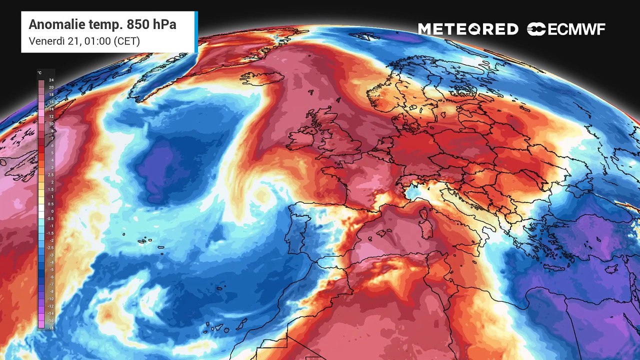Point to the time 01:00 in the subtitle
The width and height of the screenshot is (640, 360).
click(x=95, y=41)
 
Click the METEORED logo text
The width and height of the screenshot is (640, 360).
click(x=468, y=29)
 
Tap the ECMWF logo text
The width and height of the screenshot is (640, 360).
click(x=576, y=29)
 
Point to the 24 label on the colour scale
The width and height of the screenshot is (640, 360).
click(x=51, y=80)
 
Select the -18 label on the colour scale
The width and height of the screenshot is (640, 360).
click(x=50, y=327)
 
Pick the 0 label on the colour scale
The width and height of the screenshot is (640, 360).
click(x=51, y=211)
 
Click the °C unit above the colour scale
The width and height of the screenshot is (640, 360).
click(x=39, y=73)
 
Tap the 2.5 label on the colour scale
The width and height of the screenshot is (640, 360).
click(x=51, y=175)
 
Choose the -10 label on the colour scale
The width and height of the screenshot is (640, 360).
click(x=50, y=298)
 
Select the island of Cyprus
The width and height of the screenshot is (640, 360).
click(x=611, y=268)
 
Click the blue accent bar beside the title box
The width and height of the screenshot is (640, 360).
click(x=196, y=31)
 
